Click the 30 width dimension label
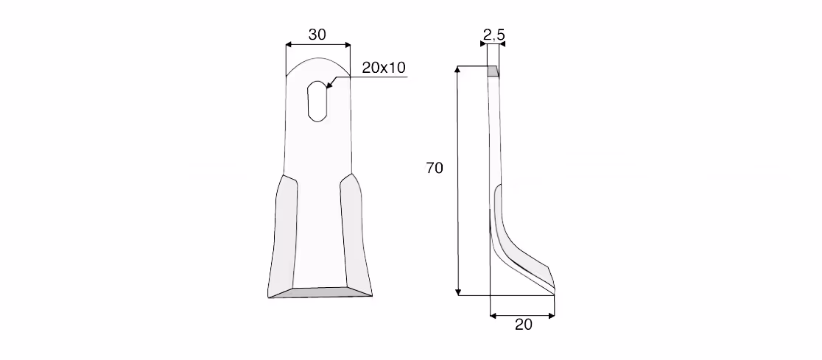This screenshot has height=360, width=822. tap(317, 35)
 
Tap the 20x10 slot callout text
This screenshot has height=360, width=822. tap(384, 68)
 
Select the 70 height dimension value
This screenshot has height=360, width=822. tap(435, 168)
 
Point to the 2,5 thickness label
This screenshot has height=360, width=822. tap(493, 35)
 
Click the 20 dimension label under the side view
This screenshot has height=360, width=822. tap(523, 325)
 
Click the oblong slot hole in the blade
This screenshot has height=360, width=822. tap(317, 101)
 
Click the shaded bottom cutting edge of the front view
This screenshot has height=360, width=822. tap(320, 292)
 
